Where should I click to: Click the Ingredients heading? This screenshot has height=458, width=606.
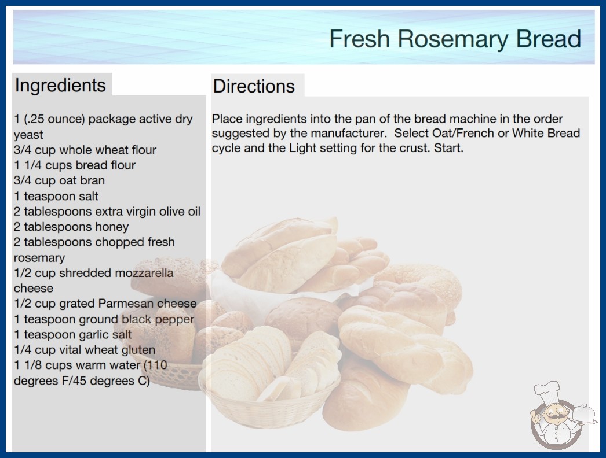60,85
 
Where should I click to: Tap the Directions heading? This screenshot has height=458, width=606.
254,86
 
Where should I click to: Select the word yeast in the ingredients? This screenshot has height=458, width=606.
28,135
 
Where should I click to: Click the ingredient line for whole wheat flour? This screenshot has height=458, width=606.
85,150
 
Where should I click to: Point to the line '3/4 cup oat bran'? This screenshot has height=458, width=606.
59,180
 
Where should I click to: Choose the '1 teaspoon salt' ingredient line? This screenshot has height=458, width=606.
56,196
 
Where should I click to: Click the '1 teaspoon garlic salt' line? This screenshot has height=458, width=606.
72,334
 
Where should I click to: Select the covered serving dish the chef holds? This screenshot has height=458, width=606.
583,415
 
